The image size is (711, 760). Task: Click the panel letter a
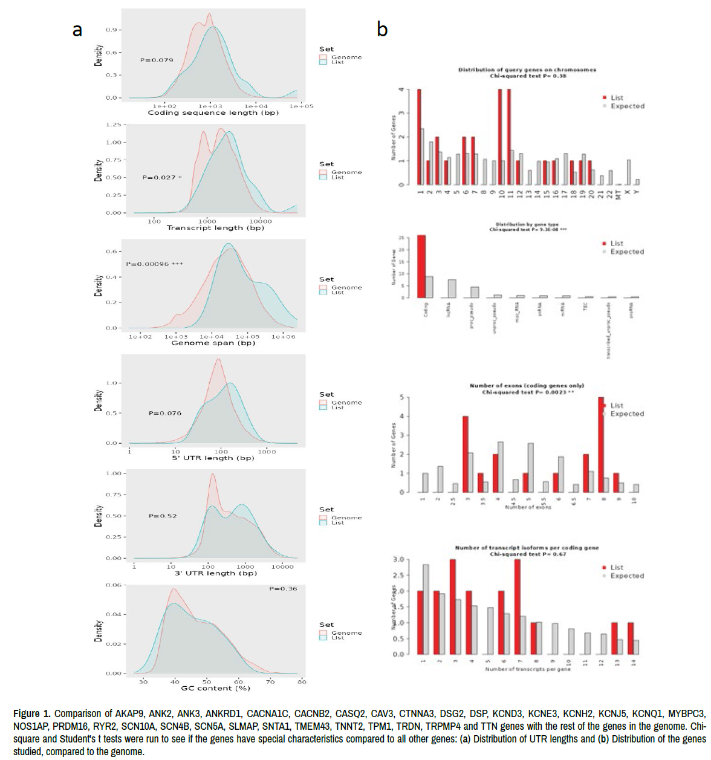pyautogui.click(x=77, y=30)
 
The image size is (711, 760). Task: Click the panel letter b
pyautogui.click(x=382, y=29)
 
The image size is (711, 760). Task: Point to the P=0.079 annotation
pyautogui.click(x=157, y=60)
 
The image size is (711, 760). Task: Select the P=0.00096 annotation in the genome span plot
pyautogui.click(x=154, y=264)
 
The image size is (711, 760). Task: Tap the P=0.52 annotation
pyautogui.click(x=163, y=516)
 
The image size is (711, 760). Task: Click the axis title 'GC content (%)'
pyautogui.click(x=215, y=688)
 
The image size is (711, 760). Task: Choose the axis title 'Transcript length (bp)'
pyautogui.click(x=215, y=228)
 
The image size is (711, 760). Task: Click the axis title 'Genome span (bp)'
pyautogui.click(x=213, y=343)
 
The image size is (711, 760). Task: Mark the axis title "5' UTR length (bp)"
pyautogui.click(x=213, y=458)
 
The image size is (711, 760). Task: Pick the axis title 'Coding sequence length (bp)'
pyautogui.click(x=213, y=112)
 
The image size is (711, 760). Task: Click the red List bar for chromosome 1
pyautogui.click(x=419, y=137)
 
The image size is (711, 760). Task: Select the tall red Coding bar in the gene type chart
pyautogui.click(x=421, y=266)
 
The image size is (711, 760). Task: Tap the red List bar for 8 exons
pyautogui.click(x=601, y=444)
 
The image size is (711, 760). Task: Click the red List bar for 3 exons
pyautogui.click(x=466, y=453)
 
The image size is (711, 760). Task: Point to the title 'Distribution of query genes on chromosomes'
pyautogui.click(x=527, y=70)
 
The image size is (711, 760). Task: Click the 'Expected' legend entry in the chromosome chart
pyautogui.click(x=627, y=106)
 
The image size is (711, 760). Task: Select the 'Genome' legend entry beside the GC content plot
pyautogui.click(x=346, y=632)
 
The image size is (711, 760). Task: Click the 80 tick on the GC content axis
pyautogui.click(x=302, y=681)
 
